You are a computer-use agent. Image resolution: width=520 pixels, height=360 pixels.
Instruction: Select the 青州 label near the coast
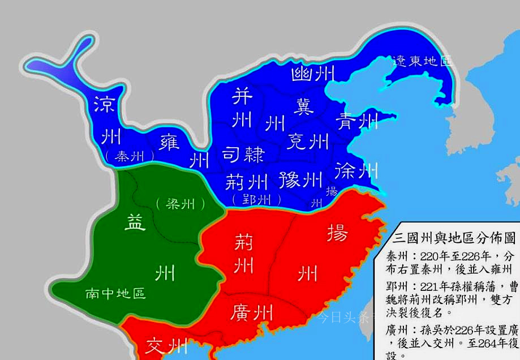coord(357,120)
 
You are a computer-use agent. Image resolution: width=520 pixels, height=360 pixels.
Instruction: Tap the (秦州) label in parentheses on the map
coord(130,157)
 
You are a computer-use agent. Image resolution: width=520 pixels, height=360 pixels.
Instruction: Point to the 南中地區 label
coord(115,293)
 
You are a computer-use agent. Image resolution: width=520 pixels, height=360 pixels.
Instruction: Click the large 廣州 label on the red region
coord(252,312)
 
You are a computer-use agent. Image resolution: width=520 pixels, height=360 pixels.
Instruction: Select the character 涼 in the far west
coord(105,104)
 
